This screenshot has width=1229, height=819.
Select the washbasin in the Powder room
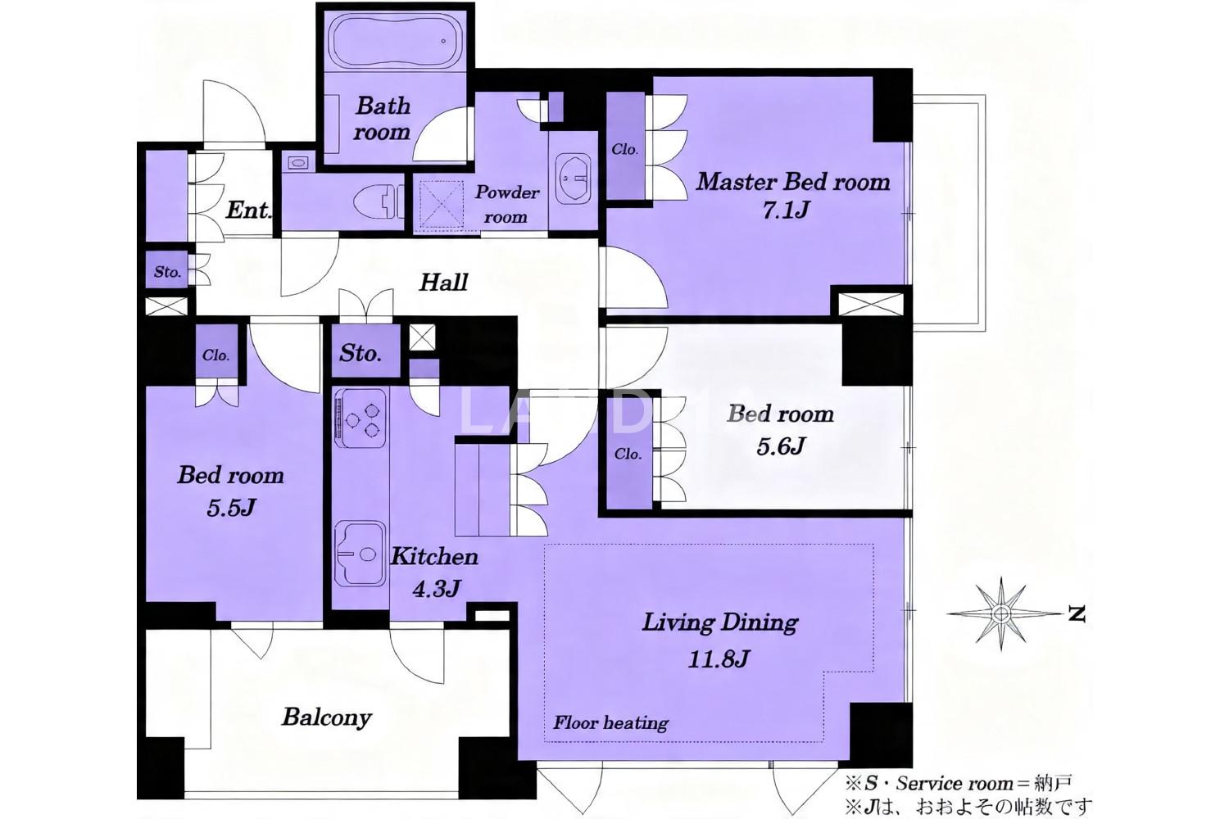pos(573,178)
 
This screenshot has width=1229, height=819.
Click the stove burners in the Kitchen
pos(361,419)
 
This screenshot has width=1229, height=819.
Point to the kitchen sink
pos(360,553)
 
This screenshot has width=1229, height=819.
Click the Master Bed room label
pos(792,182)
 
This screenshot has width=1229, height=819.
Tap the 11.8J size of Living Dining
pos(719,658)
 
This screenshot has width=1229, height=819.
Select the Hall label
pos(443,283)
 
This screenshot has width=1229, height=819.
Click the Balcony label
pos(326,717)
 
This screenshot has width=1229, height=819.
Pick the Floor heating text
pos(610,723)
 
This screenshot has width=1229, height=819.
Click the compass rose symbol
pos(1002,613)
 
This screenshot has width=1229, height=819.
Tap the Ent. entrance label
pos(248,210)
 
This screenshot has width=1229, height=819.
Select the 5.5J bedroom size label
pos(231,508)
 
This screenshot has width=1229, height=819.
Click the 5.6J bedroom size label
pos(780,446)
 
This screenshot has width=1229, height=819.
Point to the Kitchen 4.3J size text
pos(436,589)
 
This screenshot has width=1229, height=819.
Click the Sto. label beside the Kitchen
pos(360,353)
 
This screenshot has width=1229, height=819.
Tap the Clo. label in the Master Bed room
pos(625,149)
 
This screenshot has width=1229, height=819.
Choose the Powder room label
pos(506,205)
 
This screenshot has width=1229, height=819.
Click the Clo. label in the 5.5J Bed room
pos(215,355)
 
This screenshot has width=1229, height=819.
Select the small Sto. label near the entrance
pos(167,272)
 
